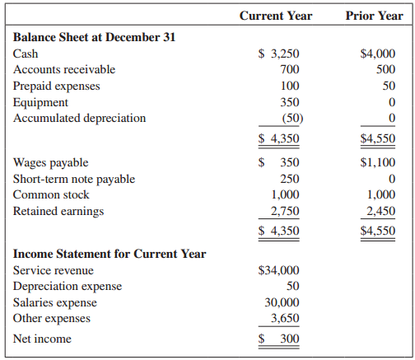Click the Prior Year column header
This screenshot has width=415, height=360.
tap(375, 16)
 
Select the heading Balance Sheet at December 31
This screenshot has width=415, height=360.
tap(94, 37)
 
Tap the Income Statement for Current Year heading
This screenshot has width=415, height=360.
tap(110, 254)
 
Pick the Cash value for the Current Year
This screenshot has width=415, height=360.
tap(279, 54)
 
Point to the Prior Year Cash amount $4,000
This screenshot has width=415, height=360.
tap(378, 54)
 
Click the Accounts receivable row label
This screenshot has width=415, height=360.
tap(64, 69)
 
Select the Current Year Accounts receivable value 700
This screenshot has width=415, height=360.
tap(290, 69)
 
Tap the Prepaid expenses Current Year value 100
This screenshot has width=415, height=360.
tap(290, 86)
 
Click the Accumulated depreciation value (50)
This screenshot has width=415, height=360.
tap(287, 118)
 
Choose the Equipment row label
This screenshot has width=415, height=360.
tap(40, 102)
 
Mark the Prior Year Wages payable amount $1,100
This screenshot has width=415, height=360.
tap(378, 163)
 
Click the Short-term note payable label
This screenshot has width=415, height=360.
tap(74, 179)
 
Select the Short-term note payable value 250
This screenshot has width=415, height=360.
tap(290, 179)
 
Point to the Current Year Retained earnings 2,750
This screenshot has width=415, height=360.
tap(285, 211)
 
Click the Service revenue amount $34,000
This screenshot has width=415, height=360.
tap(279, 270)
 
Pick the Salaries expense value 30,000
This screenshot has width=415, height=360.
tap(282, 302)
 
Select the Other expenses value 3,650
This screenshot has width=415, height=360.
tap(285, 318)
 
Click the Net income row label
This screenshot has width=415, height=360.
tap(42, 339)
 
